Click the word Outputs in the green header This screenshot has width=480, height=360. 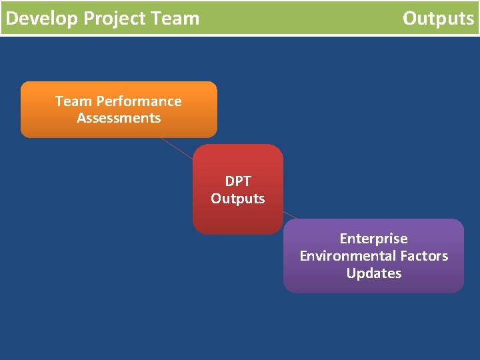point(438,18)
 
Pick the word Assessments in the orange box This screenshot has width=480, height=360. point(119,118)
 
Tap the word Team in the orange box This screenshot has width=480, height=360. point(74,101)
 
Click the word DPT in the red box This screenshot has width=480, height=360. point(238,181)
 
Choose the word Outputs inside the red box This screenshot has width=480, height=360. point(238,199)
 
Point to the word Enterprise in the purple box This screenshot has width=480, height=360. point(373,239)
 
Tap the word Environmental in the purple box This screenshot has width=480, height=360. point(347,256)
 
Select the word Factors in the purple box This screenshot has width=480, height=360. point(424,256)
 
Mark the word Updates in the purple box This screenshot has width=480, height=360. point(373,273)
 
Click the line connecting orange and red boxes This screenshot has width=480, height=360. point(177,149)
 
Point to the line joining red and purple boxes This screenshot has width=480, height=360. point(291,215)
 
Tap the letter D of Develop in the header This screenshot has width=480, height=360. point(11,18)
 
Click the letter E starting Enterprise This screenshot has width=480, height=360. point(343,239)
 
